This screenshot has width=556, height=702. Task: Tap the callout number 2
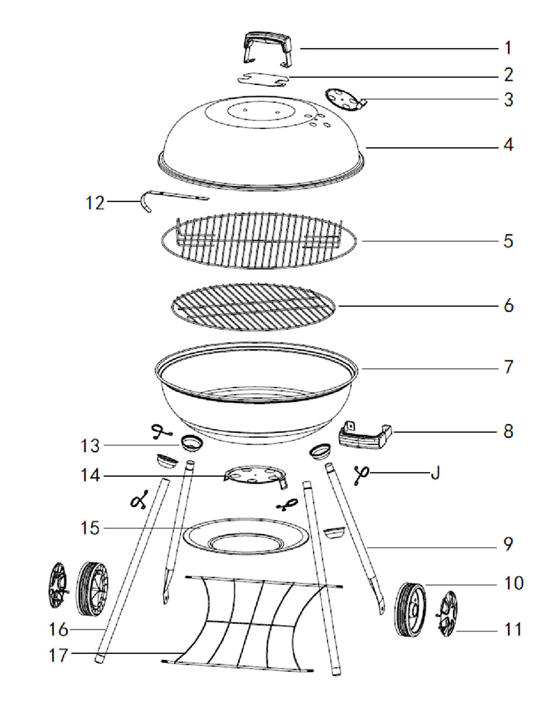(x=508, y=74)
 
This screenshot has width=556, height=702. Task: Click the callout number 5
(x=508, y=241)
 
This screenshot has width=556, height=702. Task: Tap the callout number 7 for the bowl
(x=508, y=366)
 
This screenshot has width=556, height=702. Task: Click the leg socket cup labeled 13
(x=190, y=442)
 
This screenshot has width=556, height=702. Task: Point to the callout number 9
(x=508, y=542)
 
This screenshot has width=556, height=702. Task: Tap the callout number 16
(x=59, y=629)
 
